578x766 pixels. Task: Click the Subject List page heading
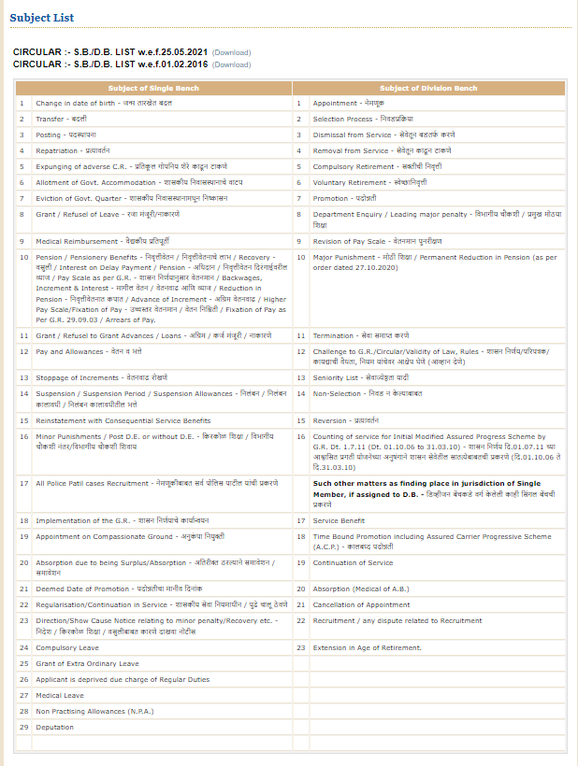click(42, 18)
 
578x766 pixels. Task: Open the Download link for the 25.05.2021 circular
click(231, 52)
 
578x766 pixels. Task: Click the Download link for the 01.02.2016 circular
click(231, 64)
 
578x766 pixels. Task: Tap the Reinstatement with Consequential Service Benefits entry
click(123, 421)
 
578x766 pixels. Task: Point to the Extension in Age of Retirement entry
click(367, 647)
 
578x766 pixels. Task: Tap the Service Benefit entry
click(339, 520)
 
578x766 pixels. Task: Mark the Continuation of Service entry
click(353, 562)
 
